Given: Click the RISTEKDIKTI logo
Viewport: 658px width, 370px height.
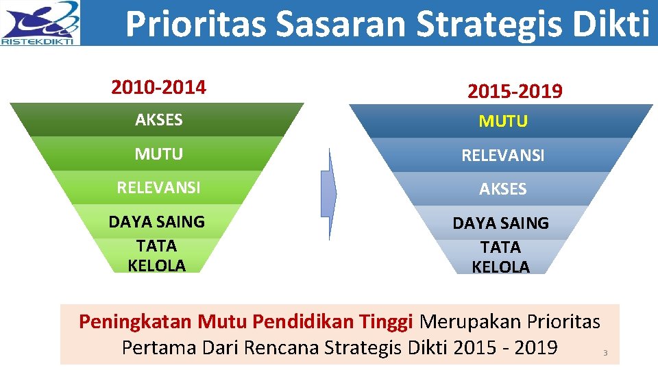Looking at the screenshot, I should click(40, 23).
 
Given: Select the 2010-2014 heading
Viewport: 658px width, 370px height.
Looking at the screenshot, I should click(158, 88).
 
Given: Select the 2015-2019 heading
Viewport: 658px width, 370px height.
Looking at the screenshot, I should click(515, 91).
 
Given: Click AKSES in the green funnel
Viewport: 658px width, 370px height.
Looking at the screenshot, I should click(159, 120).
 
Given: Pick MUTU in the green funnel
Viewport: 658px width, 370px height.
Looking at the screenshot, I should click(159, 154).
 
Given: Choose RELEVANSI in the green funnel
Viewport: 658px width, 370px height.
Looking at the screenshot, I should click(159, 188).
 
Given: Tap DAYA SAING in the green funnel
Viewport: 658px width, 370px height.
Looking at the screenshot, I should click(157, 221).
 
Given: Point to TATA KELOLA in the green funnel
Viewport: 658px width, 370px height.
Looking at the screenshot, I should click(157, 256).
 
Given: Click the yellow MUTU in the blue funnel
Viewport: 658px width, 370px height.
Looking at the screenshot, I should click(503, 121).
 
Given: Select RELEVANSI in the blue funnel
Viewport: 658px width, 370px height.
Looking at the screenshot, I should click(503, 156).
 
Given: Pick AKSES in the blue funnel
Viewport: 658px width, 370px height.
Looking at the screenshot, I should click(503, 189).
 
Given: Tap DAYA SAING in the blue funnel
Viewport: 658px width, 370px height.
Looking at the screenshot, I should click(501, 223).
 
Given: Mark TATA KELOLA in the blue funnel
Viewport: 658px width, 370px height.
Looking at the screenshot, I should click(501, 257).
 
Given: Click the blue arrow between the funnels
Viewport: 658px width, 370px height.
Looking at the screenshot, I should click(330, 194).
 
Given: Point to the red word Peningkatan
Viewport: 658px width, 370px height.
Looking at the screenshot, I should click(136, 321).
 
